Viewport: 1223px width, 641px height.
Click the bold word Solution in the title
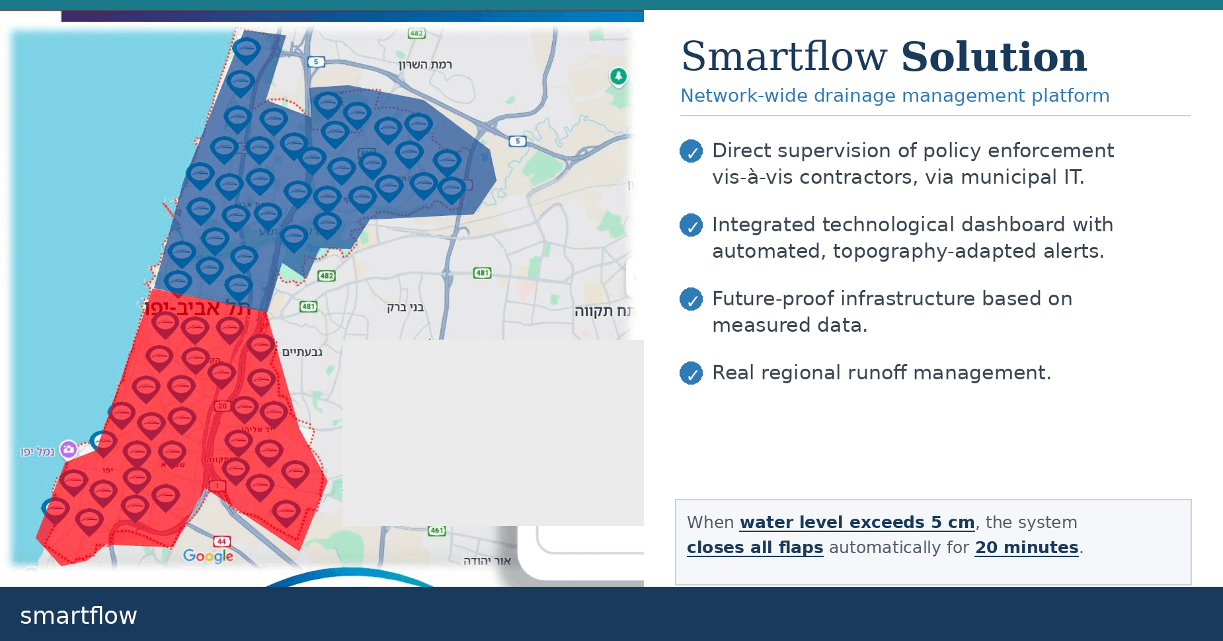click(994, 57)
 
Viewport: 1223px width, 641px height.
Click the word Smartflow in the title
click(784, 57)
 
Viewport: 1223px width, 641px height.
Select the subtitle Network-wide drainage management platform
click(894, 96)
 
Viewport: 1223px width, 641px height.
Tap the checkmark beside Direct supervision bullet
click(691, 151)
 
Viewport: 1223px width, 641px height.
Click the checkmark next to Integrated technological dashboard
click(691, 225)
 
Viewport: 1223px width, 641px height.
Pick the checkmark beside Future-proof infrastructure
click(691, 299)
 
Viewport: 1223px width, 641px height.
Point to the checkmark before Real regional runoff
click(691, 373)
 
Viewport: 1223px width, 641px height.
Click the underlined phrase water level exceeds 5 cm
click(857, 523)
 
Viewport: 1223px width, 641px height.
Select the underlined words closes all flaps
click(754, 548)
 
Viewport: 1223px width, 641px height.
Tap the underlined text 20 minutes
click(1026, 548)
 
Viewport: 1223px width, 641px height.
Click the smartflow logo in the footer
click(79, 616)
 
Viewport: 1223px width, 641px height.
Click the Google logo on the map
click(208, 556)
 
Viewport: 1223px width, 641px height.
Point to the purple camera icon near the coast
click(68, 450)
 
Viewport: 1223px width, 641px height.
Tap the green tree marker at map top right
click(618, 76)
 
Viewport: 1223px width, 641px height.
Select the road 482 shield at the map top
click(416, 33)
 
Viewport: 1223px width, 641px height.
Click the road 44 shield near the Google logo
click(221, 541)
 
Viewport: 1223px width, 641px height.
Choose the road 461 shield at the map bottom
click(437, 530)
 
